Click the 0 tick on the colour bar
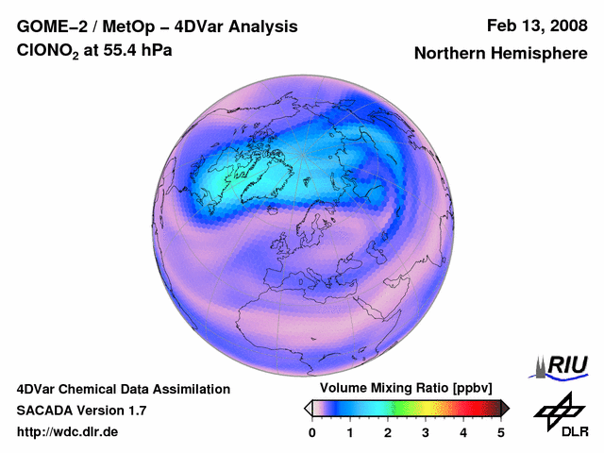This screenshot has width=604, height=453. (x=312, y=432)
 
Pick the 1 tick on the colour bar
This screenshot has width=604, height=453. (x=350, y=432)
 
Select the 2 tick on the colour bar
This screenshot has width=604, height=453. (x=388, y=432)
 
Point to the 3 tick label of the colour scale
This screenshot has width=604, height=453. (x=426, y=432)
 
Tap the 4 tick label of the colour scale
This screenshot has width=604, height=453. (x=463, y=432)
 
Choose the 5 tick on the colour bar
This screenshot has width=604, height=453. (x=501, y=432)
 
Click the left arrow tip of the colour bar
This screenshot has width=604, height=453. (x=308, y=408)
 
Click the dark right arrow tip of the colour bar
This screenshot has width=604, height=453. (x=506, y=408)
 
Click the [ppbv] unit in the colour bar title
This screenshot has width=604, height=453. (x=463, y=389)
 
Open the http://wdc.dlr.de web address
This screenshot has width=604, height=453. (x=68, y=432)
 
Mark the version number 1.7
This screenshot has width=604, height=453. (x=135, y=411)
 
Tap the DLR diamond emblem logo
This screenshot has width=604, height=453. (x=558, y=410)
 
